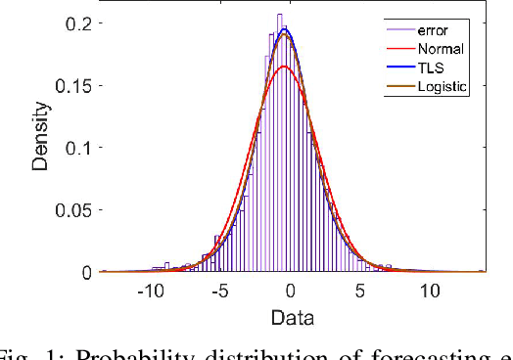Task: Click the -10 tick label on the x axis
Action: tap(150, 292)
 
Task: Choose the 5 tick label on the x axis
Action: tap(360, 292)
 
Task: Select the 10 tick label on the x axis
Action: tap(430, 292)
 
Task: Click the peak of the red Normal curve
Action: tap(285, 66)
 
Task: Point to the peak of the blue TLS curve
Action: tap(284, 29)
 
